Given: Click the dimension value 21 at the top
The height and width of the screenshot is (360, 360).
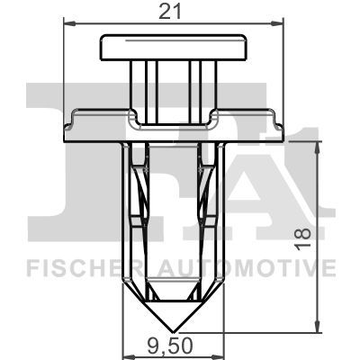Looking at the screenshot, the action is (x=170, y=12).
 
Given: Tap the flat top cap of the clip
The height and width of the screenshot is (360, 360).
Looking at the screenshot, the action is (x=173, y=47).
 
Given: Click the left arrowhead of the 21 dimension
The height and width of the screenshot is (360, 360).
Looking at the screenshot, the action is (x=70, y=23).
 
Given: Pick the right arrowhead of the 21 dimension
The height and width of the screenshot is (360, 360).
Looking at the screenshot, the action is (x=277, y=23).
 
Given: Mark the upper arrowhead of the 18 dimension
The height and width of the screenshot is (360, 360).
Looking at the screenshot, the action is (x=316, y=148).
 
